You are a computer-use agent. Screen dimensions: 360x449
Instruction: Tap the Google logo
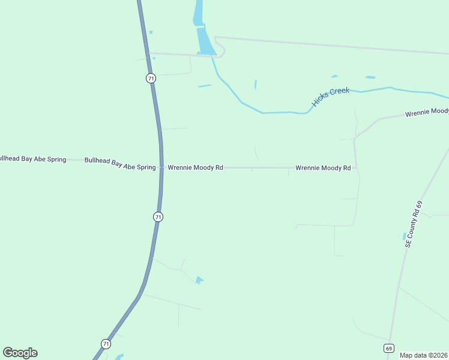pyautogui.click(x=20, y=353)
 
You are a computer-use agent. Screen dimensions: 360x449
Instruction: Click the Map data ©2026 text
pyautogui.click(x=424, y=355)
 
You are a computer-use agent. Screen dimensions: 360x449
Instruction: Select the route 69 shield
pyautogui.click(x=388, y=348)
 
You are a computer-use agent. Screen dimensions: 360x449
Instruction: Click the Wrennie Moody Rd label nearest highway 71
pyautogui.click(x=195, y=168)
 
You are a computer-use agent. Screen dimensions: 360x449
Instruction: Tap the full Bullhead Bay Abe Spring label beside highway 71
pyautogui.click(x=120, y=163)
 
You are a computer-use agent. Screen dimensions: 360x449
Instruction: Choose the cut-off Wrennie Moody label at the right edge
pyautogui.click(x=427, y=112)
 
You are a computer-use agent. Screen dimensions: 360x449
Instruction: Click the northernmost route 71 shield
pyautogui.click(x=151, y=79)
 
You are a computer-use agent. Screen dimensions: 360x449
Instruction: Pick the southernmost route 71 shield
pyautogui.click(x=106, y=344)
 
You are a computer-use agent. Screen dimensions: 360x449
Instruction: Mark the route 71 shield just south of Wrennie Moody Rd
pyautogui.click(x=158, y=217)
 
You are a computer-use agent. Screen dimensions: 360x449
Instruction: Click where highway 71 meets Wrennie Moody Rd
pyautogui.click(x=161, y=167)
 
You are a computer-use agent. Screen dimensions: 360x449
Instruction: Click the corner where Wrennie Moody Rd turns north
pyautogui.click(x=356, y=167)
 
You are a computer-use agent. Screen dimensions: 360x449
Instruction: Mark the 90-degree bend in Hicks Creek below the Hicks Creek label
pyautogui.click(x=307, y=112)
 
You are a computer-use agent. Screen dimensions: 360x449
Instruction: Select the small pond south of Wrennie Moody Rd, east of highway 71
pyautogui.click(x=199, y=280)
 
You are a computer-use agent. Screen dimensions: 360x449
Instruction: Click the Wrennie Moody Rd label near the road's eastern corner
pyautogui.click(x=323, y=168)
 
